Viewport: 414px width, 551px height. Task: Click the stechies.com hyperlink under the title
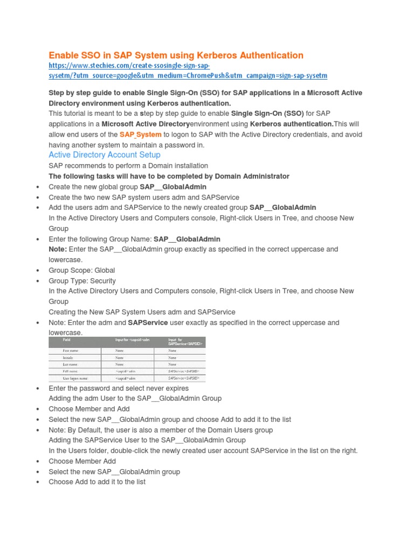pos(188,70)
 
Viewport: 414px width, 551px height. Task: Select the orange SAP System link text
pos(140,135)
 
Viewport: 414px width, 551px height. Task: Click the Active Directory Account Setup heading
pos(105,155)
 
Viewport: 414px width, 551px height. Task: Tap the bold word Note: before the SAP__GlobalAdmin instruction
pos(58,249)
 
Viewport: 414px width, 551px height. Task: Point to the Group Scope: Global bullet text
pos(82,270)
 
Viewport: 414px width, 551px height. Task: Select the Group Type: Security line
pos(82,281)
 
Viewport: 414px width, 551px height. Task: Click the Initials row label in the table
pos(71,357)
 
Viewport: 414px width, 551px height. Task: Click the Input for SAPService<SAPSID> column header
pos(180,342)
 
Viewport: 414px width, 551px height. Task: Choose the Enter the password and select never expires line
pos(119,388)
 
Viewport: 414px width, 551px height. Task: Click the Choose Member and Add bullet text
pos(89,409)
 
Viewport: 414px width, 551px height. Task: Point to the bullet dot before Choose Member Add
pos(37,462)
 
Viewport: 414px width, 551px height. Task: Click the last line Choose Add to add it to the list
pos(97,482)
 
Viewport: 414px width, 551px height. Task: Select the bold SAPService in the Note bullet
pos(148,323)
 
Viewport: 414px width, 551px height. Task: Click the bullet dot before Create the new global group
pos(37,187)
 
